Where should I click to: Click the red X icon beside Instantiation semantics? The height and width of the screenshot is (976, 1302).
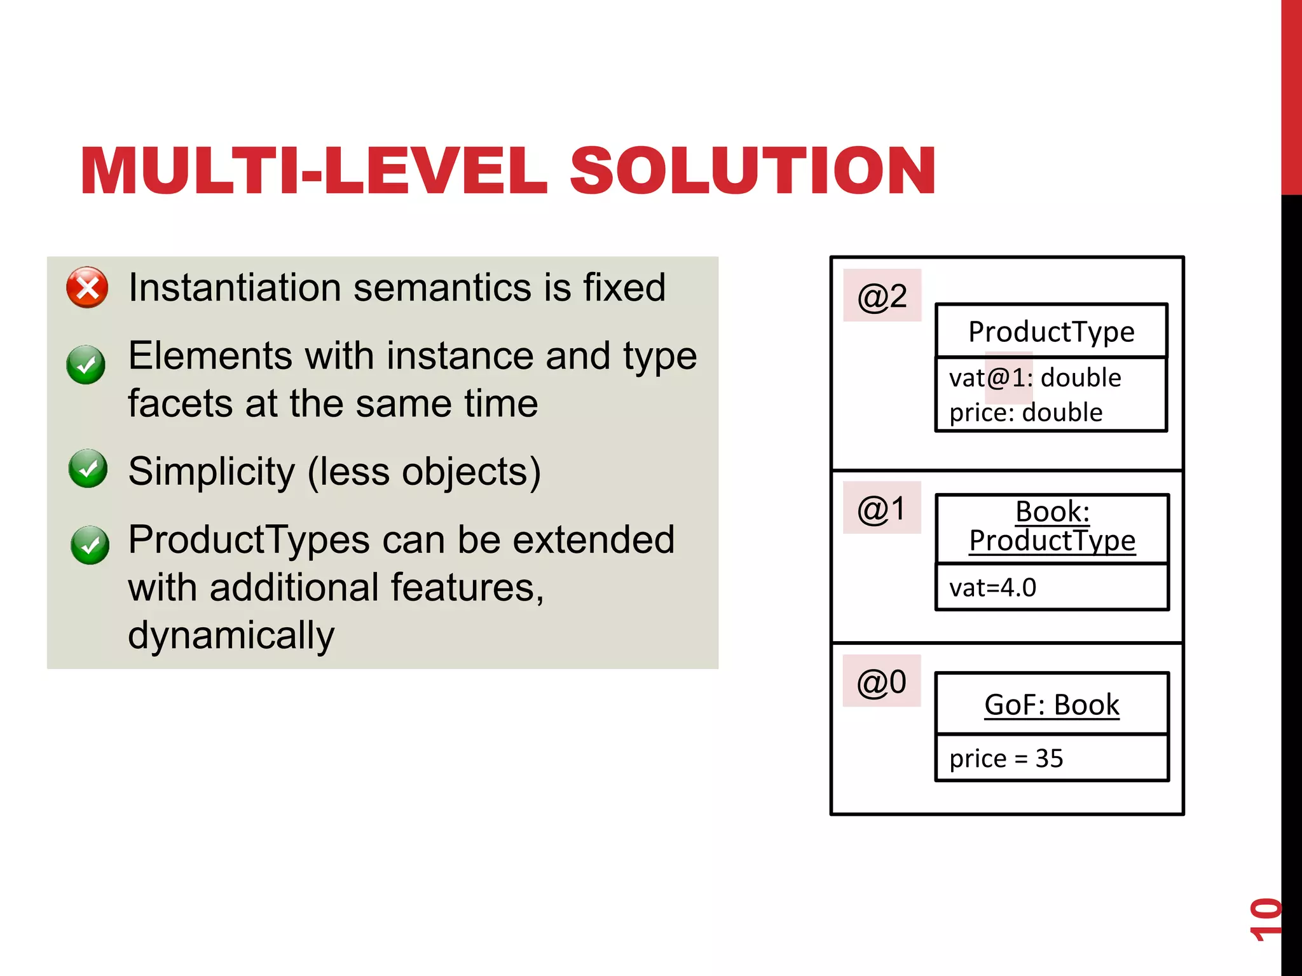coord(88,288)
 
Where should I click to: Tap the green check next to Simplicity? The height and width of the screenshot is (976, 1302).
coord(88,468)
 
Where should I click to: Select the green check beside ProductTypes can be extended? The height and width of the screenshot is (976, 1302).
coord(90,545)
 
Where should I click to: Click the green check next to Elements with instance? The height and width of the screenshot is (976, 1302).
coord(86,365)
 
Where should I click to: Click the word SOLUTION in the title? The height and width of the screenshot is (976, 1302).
coord(753,171)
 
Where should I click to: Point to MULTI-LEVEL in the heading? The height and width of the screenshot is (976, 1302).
coord(313,171)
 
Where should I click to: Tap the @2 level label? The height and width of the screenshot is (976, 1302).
coord(882,296)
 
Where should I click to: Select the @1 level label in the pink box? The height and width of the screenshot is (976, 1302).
coord(881,509)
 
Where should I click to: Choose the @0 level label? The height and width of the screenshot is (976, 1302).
coord(881,682)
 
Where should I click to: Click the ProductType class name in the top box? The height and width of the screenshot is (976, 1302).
coord(1051,332)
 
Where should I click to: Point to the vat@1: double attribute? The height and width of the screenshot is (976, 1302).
coord(1035,378)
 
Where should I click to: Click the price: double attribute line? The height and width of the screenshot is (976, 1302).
coord(1025,413)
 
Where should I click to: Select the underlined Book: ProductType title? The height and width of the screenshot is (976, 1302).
coord(1052,526)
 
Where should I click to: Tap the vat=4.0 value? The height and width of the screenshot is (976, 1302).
coord(992,588)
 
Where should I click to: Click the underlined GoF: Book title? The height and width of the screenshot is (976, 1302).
coord(1052,705)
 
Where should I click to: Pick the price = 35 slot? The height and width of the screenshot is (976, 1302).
coord(1006,759)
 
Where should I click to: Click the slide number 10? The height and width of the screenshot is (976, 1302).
coord(1265,919)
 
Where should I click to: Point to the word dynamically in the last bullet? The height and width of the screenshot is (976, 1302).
coord(231,635)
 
